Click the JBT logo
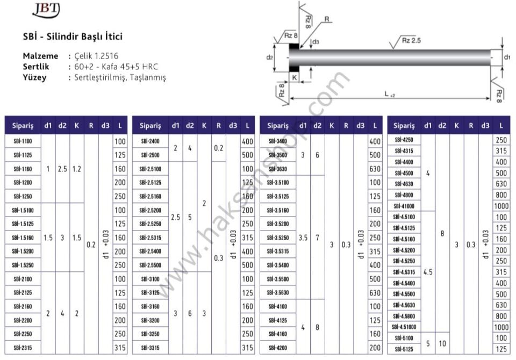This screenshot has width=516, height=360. [x=46, y=10]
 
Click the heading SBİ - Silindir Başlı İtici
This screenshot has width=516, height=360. [x=73, y=36]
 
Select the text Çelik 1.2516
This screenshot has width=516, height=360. [x=96, y=56]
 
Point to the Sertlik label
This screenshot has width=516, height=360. [x=36, y=67]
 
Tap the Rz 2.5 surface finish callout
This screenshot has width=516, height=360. [x=411, y=40]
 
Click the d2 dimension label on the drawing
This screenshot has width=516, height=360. [x=269, y=57]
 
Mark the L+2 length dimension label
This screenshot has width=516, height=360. [x=390, y=94]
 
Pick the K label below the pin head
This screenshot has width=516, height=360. [x=294, y=78]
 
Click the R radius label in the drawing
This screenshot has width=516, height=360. [x=326, y=19]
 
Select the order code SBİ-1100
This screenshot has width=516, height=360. [x=23, y=141]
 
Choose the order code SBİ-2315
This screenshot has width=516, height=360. [x=23, y=348]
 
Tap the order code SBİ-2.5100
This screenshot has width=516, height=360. [x=150, y=169]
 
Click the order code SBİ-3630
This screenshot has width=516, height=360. [x=278, y=169]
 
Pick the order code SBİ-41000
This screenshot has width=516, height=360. [x=404, y=206]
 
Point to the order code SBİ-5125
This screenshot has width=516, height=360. [x=404, y=349]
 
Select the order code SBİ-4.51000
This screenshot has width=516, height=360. [x=404, y=327]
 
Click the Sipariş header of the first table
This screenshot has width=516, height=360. [x=23, y=125]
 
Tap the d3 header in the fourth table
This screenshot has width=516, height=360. [x=485, y=125]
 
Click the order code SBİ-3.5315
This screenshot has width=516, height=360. [x=278, y=251]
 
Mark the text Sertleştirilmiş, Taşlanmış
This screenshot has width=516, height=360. [x=120, y=78]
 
